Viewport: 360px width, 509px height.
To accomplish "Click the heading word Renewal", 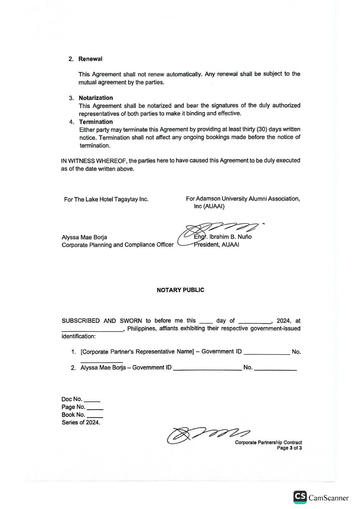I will pyautogui.click(x=90, y=59).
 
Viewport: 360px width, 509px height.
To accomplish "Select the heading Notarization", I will pyautogui.click(x=96, y=98).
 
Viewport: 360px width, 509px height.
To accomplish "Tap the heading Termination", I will pyautogui.click(x=96, y=122).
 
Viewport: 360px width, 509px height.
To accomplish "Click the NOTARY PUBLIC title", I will pyautogui.click(x=180, y=290).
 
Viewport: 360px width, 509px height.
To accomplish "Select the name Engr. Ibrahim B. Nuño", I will pyautogui.click(x=223, y=237).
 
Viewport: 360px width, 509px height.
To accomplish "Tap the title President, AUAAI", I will pyautogui.click(x=217, y=245).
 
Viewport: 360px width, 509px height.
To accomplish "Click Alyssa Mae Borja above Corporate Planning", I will pyautogui.click(x=84, y=237).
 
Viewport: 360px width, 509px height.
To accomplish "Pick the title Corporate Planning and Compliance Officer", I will pyautogui.click(x=118, y=245).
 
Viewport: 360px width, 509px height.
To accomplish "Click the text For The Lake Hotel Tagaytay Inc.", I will pyautogui.click(x=106, y=199).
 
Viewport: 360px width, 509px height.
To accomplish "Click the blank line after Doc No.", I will pyautogui.click(x=94, y=400).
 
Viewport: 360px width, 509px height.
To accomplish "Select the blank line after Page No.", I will pyautogui.click(x=95, y=408).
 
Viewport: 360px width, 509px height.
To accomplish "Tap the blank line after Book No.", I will pyautogui.click(x=95, y=416).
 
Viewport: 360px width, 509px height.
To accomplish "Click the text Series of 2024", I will pyautogui.click(x=81, y=423).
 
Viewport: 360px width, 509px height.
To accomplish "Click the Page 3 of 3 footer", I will pyautogui.click(x=289, y=448).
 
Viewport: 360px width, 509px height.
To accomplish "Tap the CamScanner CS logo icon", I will pyautogui.click(x=300, y=497).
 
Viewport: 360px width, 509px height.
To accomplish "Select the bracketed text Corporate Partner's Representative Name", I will pyautogui.click(x=137, y=352).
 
